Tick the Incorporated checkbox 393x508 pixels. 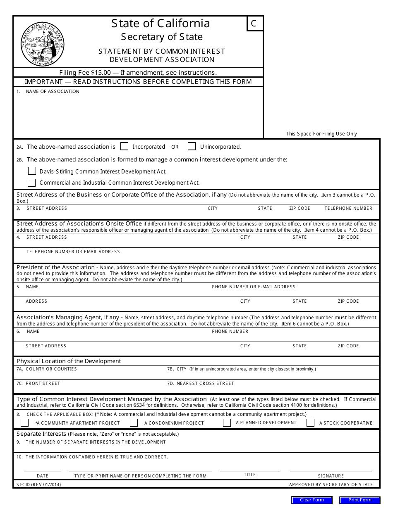click(124, 146)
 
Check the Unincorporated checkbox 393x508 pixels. click(192, 146)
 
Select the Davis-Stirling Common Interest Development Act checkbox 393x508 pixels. click(32, 171)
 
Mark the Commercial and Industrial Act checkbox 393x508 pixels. click(32, 182)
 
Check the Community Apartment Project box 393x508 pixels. click(25, 423)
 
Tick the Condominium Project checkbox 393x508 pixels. click(134, 423)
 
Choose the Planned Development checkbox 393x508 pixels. click(227, 423)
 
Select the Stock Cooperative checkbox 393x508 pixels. click(311, 423)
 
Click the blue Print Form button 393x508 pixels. click(359, 500)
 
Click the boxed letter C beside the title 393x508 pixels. click(254, 24)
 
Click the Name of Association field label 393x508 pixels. click(53, 91)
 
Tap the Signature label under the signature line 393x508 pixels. click(331, 476)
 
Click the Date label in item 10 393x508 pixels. click(43, 476)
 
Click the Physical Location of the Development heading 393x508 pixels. click(69, 361)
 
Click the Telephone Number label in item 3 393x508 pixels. click(348, 208)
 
